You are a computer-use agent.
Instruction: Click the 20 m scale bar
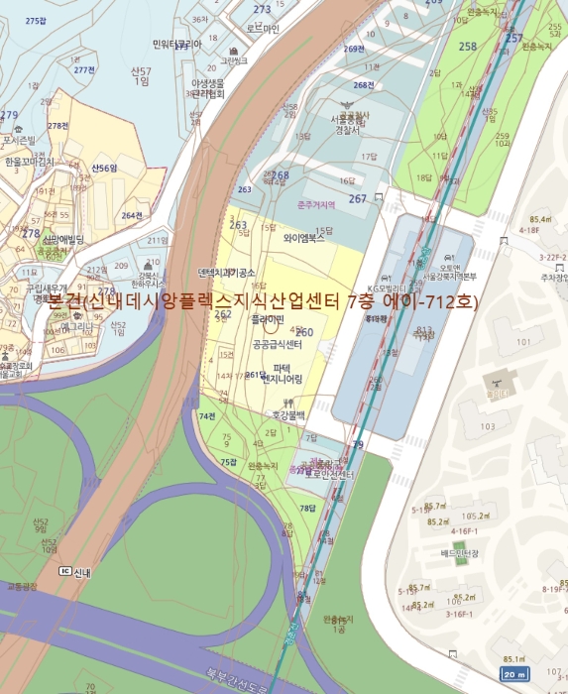point(513,674)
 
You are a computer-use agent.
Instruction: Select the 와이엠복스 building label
point(304,238)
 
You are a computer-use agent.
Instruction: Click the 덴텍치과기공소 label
point(228,271)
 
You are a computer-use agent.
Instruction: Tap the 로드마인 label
point(263,29)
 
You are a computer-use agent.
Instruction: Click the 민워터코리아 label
point(177,44)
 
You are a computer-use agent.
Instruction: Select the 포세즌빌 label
point(20,140)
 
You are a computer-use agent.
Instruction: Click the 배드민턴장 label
point(459,553)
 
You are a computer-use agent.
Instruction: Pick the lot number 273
point(262,9)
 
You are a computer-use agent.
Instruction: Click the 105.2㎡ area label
point(474,516)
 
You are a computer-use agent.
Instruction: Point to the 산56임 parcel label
point(104,169)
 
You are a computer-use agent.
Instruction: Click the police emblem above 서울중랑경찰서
point(347,103)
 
